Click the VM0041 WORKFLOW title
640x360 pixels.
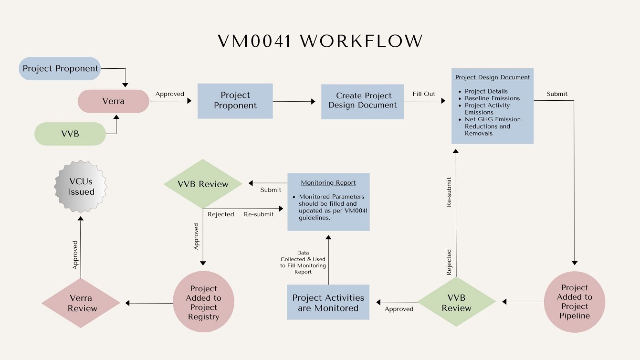pyautogui.click(x=320, y=41)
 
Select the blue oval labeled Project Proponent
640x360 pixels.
pyautogui.click(x=60, y=68)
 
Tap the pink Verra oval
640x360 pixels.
pyautogui.click(x=114, y=101)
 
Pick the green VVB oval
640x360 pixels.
pyautogui.click(x=70, y=134)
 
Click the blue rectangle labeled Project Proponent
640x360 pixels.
pyautogui.click(x=235, y=101)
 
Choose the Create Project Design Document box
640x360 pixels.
pyautogui.click(x=362, y=101)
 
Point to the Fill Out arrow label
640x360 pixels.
pyautogui.click(x=424, y=94)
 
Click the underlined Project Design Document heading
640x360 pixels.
pyautogui.click(x=493, y=77)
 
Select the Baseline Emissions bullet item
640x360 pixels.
pyautogui.click(x=492, y=98)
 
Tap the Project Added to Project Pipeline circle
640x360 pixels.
pyautogui.click(x=575, y=302)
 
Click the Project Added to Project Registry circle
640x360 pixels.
pyautogui.click(x=203, y=303)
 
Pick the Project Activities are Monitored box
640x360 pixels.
pyautogui.click(x=328, y=303)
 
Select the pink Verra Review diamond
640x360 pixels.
pyautogui.click(x=80, y=303)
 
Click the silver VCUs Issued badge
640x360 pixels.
pyautogui.click(x=81, y=186)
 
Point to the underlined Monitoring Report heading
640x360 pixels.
pyautogui.click(x=328, y=182)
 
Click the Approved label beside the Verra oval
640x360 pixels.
pyautogui.click(x=170, y=94)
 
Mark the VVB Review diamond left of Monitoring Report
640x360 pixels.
pyautogui.click(x=203, y=184)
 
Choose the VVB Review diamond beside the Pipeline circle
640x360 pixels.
pyautogui.click(x=456, y=303)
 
